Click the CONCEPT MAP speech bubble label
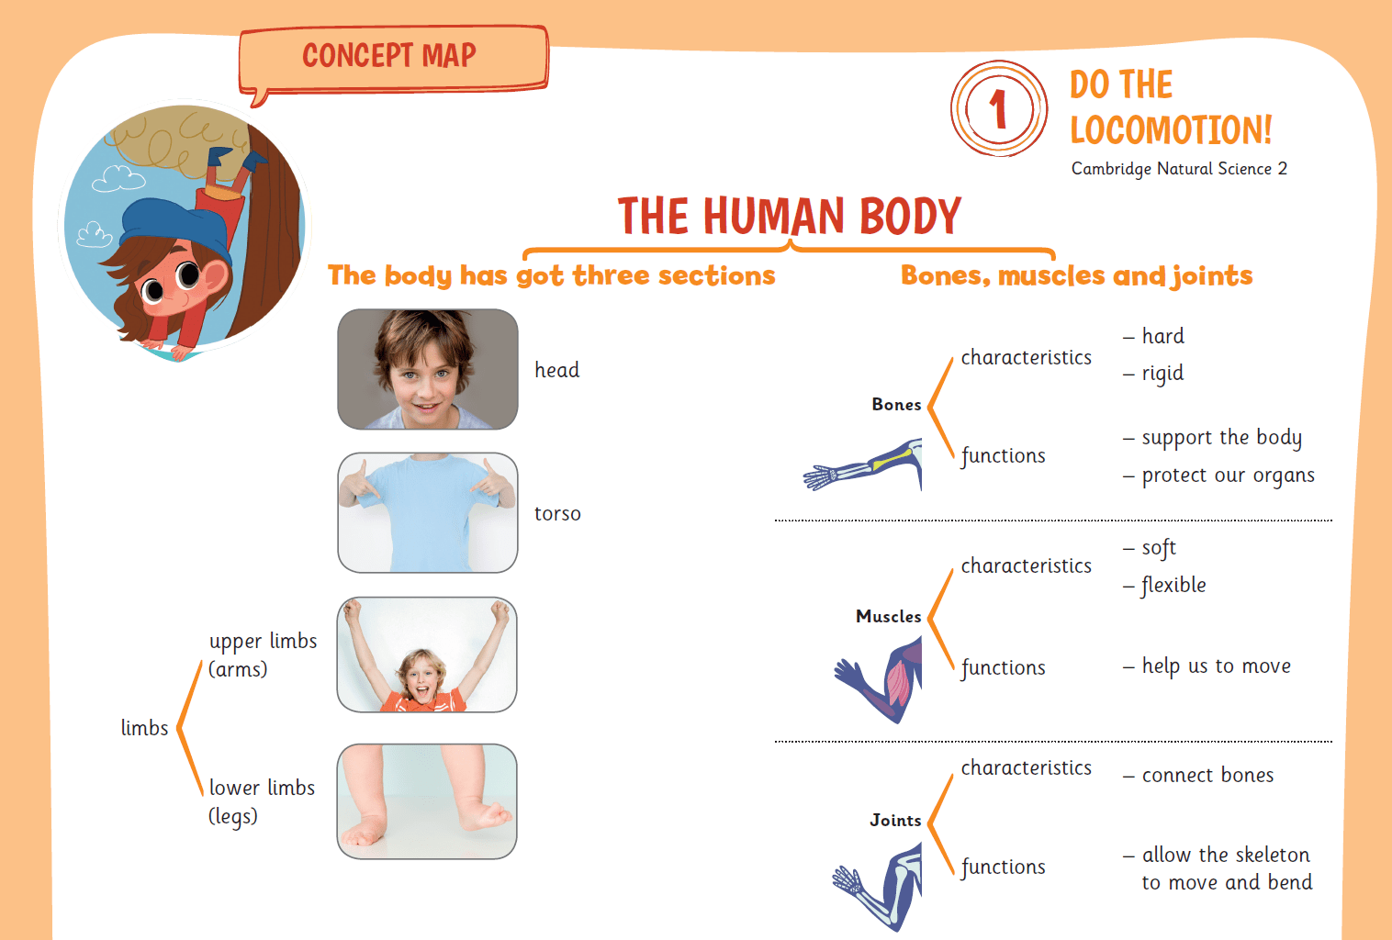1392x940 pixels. pyautogui.click(x=393, y=59)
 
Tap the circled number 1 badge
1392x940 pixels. pyautogui.click(x=999, y=108)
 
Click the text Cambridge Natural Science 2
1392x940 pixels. pyautogui.click(x=1179, y=169)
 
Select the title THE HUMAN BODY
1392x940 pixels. pyautogui.click(x=790, y=216)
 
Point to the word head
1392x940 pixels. pyautogui.click(x=556, y=370)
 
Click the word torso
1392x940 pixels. pyautogui.click(x=557, y=514)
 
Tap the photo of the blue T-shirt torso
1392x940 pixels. pyautogui.click(x=428, y=512)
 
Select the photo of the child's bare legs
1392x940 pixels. pyautogui.click(x=427, y=801)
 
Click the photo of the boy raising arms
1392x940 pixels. pyautogui.click(x=427, y=655)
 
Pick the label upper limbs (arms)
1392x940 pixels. pyautogui.click(x=263, y=655)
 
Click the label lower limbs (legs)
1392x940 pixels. pyautogui.click(x=262, y=801)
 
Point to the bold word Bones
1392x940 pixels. pyautogui.click(x=896, y=405)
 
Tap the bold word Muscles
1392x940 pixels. pyautogui.click(x=888, y=616)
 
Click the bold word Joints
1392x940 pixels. pyautogui.click(x=895, y=820)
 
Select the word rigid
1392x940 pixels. pyautogui.click(x=1162, y=374)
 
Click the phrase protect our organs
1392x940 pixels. pyautogui.click(x=1228, y=476)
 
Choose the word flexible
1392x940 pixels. pyautogui.click(x=1173, y=586)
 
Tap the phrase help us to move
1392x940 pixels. pyautogui.click(x=1216, y=666)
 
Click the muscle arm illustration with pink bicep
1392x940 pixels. pyautogui.click(x=879, y=679)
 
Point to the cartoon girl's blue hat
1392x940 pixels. pyautogui.click(x=174, y=227)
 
